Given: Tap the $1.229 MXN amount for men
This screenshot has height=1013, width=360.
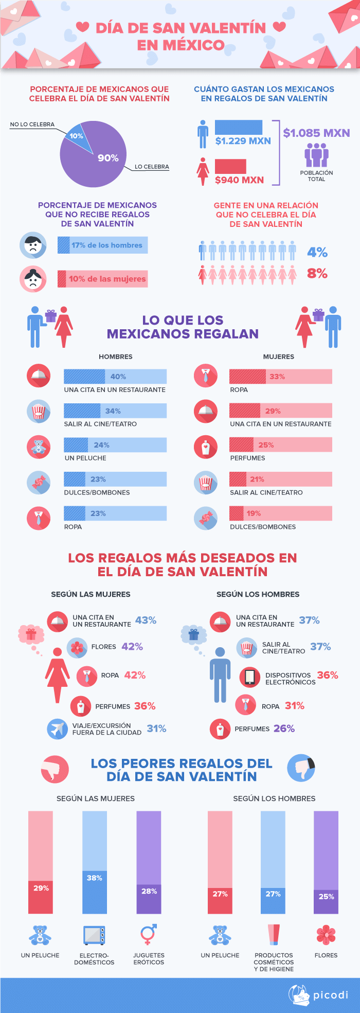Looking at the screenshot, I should click(243, 140).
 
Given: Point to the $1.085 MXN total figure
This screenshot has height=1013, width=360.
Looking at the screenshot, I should click(316, 133).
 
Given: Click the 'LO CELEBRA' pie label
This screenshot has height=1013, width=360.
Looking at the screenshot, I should click(152, 167).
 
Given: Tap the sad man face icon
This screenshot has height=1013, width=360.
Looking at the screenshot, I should click(33, 245).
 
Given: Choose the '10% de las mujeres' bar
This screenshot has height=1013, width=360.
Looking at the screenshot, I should click(102, 279).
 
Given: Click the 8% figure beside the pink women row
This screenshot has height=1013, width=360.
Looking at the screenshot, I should click(317, 273).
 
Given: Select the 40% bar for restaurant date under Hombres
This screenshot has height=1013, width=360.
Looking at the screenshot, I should click(115, 377).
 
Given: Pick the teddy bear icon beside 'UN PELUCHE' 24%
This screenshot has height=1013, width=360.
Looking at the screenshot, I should click(39, 446).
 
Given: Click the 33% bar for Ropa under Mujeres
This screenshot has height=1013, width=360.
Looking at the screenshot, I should click(280, 377).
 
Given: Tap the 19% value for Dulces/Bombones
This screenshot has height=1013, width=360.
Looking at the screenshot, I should click(254, 513).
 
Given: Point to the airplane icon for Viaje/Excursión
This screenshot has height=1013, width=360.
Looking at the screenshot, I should click(57, 728).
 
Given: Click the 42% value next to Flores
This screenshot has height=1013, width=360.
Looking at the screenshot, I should click(132, 647).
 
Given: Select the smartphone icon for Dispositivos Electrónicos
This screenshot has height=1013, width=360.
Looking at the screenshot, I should click(250, 677).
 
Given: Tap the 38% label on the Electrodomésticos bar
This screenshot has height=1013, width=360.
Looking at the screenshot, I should click(95, 878).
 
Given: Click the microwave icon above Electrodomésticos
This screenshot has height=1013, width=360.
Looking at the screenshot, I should click(94, 935).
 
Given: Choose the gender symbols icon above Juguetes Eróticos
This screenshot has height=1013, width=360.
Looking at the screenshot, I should click(149, 934).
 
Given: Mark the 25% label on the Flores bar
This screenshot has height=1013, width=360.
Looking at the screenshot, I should click(326, 896).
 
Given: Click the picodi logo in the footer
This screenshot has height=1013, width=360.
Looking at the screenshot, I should click(318, 994).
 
